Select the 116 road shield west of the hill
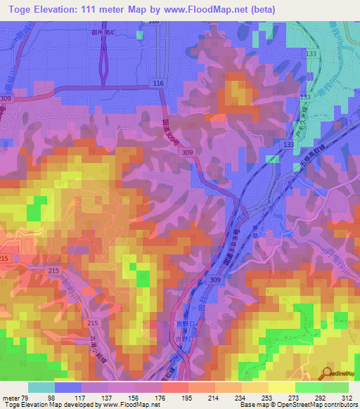[157, 84]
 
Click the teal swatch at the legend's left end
[41, 387]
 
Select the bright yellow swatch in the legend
[281, 387]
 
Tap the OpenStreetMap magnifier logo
[329, 373]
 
